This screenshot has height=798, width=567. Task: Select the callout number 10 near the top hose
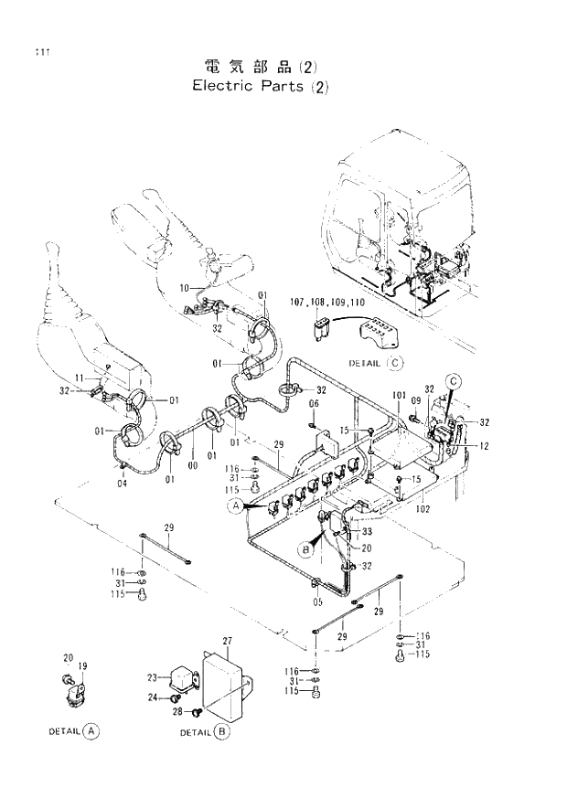183,288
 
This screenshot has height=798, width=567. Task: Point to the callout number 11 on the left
80,377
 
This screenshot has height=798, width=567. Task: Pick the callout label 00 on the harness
193,465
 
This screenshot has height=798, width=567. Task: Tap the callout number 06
314,403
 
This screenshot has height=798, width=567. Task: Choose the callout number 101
399,396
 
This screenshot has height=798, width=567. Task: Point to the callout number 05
317,601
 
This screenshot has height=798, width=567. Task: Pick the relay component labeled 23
184,679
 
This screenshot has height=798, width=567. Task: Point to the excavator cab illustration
402,229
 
